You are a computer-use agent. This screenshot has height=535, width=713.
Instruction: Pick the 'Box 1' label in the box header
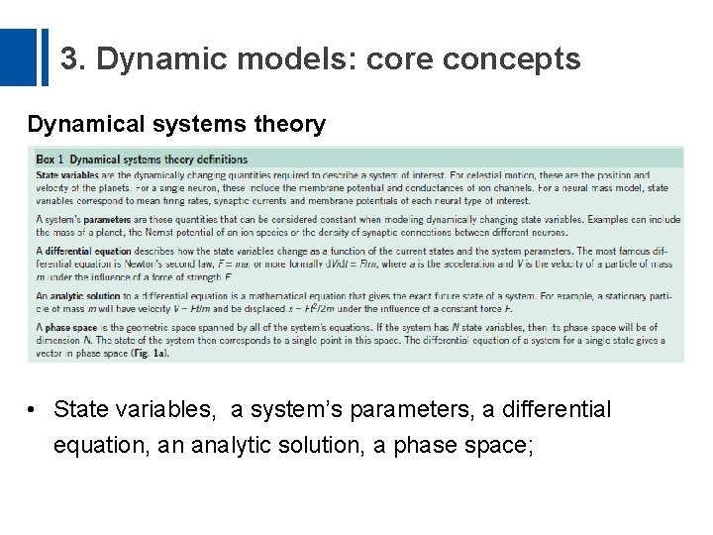[50, 159]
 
